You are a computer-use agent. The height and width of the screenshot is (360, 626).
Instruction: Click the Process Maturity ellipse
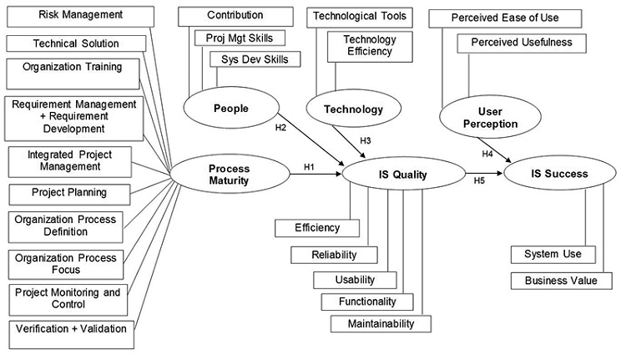point(228,174)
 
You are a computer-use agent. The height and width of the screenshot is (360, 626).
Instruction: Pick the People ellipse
point(231,109)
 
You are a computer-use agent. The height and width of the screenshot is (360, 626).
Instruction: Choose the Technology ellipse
point(353,109)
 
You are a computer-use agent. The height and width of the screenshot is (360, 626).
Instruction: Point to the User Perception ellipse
point(487,117)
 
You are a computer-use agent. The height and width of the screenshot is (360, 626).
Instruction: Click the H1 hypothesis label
point(308,167)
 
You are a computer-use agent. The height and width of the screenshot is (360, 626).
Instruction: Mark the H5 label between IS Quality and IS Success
point(479,180)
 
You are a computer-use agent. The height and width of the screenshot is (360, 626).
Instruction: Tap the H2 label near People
point(280,128)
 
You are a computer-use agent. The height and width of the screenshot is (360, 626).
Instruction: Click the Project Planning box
point(69,193)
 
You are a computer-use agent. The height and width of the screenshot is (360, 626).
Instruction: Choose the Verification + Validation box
point(70,328)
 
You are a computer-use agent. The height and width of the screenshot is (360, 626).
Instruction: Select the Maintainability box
point(380,322)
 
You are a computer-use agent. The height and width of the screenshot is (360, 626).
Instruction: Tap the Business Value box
point(561,281)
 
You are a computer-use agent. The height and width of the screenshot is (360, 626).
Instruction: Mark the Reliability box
point(334,254)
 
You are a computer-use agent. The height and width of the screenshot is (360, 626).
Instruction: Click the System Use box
point(553,254)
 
